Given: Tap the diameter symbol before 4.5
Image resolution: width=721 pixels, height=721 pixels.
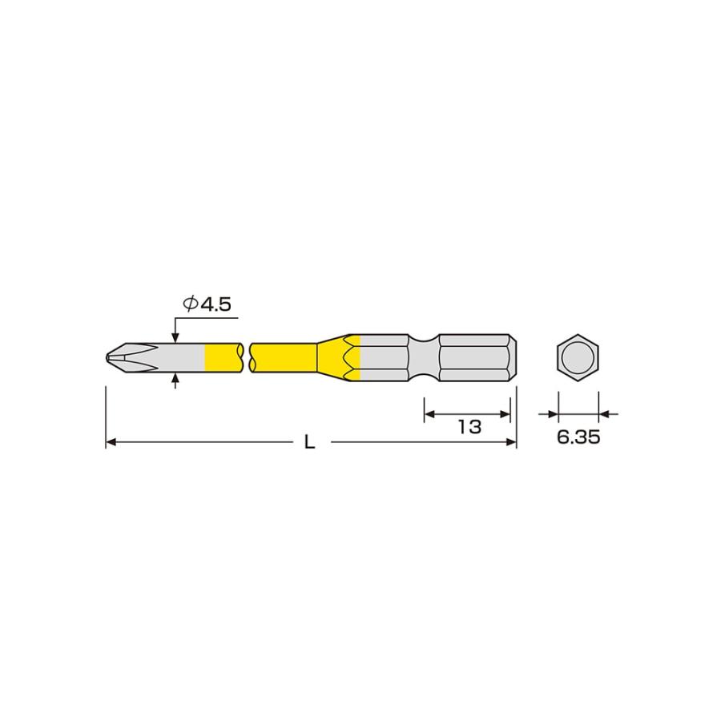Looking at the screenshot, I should point(190,304).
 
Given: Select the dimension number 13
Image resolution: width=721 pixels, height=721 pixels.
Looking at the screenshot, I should point(469,427).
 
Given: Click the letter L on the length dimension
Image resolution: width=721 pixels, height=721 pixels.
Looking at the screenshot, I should point(309,443).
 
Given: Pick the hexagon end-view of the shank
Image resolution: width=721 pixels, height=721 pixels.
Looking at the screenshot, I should point(578,356).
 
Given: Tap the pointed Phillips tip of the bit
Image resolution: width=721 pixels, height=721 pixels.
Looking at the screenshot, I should point(110,356).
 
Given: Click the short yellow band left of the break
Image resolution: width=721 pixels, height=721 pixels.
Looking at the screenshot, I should point(223,356).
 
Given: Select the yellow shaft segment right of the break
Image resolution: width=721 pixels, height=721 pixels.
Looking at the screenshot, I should point(284,356).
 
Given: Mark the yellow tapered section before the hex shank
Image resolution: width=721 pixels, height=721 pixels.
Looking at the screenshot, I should point(340,356).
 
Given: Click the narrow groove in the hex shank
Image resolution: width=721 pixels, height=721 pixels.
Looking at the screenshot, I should point(425,356).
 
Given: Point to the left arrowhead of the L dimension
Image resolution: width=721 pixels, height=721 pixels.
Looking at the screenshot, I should point(111,441).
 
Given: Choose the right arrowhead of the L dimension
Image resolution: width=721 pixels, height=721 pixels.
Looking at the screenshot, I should point(511,441).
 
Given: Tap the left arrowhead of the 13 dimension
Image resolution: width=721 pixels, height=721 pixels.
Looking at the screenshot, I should point(428,414).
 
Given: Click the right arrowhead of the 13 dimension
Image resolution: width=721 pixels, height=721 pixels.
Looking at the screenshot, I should point(506,414).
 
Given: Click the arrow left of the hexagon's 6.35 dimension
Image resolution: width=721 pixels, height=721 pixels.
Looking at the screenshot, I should point(552,414).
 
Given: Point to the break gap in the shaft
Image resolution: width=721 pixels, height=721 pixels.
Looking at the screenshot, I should point(246,356).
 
